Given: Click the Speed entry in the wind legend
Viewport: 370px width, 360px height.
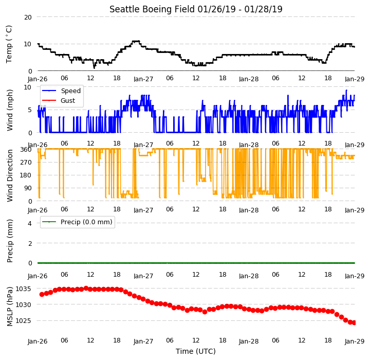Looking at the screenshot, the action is [x=71, y=91].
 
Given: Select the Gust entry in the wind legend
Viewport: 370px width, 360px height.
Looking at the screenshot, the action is [x=68, y=101].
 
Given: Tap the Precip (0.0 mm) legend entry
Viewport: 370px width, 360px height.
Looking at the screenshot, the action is [x=86, y=222].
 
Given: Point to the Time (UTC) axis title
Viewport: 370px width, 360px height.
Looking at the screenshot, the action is [x=196, y=351].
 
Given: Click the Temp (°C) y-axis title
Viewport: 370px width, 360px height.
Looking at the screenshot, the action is [x=9, y=44].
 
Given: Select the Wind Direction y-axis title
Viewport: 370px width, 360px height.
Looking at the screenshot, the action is [x=10, y=175].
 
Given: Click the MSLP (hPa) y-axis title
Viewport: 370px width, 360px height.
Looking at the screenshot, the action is [x=10, y=307].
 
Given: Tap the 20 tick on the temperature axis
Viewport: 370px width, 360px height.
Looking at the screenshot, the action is [x=28, y=17].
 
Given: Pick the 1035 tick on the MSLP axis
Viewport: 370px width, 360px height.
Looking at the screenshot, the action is [x=23, y=289].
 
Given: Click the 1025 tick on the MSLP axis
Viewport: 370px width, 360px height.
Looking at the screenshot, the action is [x=23, y=321].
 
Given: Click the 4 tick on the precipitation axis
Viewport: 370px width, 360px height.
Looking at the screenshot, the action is [x=30, y=223].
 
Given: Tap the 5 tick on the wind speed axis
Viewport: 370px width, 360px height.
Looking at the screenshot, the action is [x=30, y=110].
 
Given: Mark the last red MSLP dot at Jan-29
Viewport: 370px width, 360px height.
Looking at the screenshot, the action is [x=354, y=322].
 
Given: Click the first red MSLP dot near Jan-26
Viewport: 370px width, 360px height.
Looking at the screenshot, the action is [x=42, y=294].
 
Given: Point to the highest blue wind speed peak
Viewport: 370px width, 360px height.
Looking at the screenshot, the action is [x=346, y=90].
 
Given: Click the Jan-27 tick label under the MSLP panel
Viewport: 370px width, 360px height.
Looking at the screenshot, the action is [x=143, y=341].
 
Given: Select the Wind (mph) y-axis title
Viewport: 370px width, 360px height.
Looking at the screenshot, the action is [x=10, y=110].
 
